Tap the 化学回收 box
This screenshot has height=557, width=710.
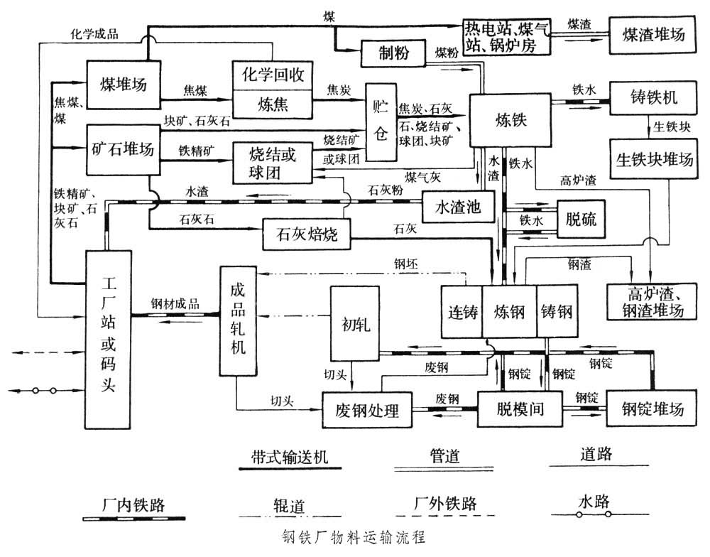[x=273, y=75]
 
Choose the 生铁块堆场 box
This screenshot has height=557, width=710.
[x=653, y=158]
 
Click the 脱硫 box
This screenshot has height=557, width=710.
[x=581, y=220]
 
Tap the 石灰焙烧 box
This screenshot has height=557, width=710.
[x=307, y=235]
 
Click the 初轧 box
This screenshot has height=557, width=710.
[x=352, y=323]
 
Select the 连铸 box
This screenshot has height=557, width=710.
[x=461, y=312]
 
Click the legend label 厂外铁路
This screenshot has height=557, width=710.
[x=445, y=504]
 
